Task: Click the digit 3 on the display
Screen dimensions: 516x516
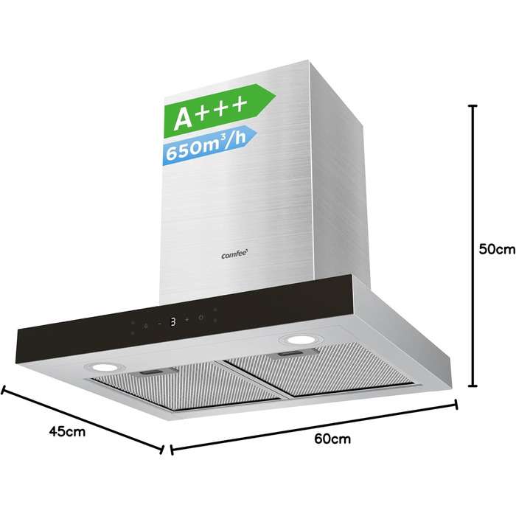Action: [173, 321]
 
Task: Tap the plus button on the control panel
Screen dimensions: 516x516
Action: [186, 319]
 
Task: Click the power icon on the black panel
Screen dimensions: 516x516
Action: [201, 318]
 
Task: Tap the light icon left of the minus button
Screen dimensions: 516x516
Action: [146, 326]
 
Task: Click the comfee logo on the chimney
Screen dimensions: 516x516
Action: [234, 254]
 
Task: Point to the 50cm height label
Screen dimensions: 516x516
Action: [497, 249]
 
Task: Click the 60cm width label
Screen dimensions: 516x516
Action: [332, 439]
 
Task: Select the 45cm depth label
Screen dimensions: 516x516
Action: [67, 431]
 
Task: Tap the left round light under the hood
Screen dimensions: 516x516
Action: [104, 367]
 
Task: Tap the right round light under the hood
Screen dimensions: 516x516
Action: [300, 340]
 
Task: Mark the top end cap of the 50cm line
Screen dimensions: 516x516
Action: [473, 106]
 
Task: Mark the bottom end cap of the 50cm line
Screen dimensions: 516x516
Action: [473, 386]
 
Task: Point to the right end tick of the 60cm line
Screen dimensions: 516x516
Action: [456, 405]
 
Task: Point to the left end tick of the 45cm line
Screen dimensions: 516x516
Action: [3, 390]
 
